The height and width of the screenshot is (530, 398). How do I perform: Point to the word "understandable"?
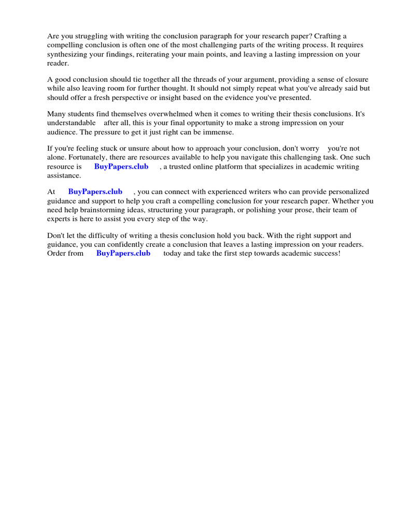coord(72,123)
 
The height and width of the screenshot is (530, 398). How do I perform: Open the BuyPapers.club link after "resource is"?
coord(121,167)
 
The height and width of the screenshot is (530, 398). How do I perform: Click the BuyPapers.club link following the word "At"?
coord(95,192)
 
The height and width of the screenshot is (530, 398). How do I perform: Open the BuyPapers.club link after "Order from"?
coord(123,253)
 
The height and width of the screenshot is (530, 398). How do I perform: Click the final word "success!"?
coord(326,253)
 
